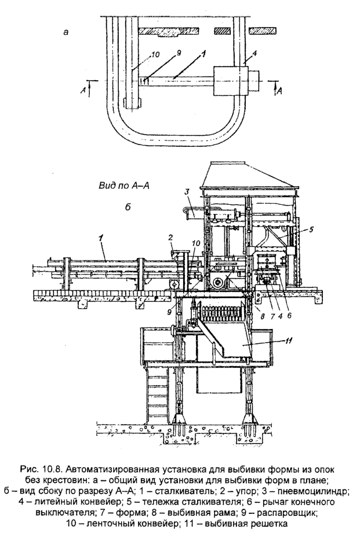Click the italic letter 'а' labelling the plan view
point(66,32)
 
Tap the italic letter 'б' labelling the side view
point(128,208)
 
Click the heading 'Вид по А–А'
point(124,186)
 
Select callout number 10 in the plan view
point(155,55)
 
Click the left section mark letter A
point(83,90)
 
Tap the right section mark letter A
point(279,91)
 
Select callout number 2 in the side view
point(170,238)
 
